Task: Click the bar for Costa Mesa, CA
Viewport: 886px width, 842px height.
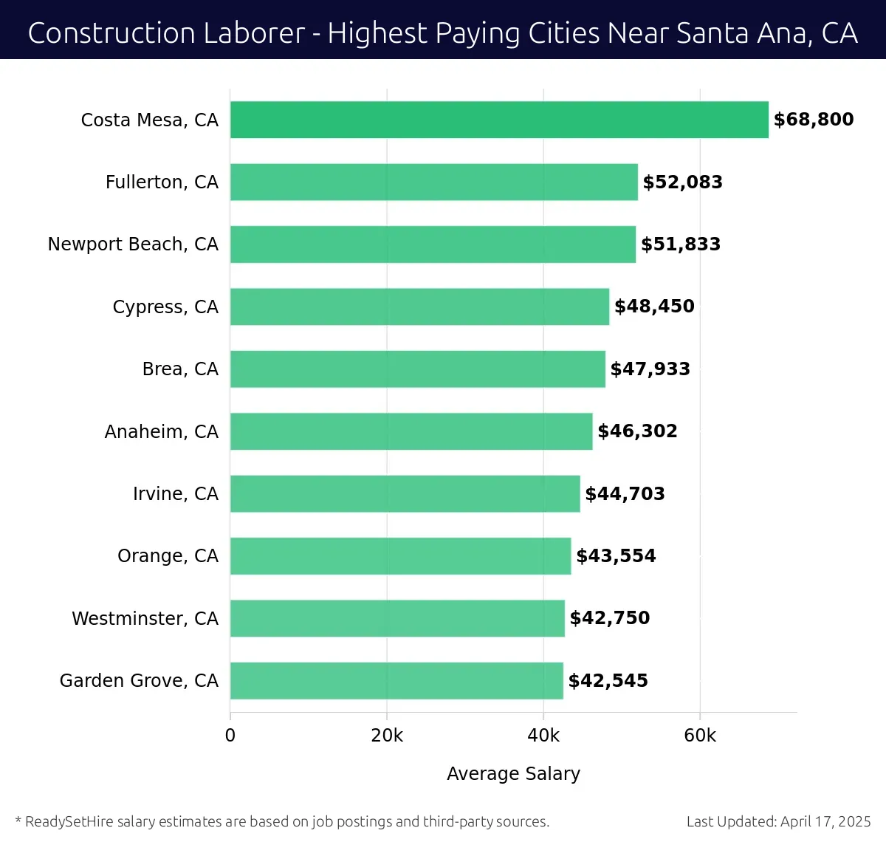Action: tap(499, 120)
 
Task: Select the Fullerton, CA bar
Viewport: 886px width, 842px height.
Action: tap(433, 182)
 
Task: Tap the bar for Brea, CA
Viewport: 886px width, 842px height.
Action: tap(417, 369)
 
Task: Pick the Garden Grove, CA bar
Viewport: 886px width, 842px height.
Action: tap(396, 681)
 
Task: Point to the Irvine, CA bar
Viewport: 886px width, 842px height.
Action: tap(405, 494)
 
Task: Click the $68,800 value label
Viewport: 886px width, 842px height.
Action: tap(814, 120)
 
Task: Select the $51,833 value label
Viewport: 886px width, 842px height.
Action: tap(681, 244)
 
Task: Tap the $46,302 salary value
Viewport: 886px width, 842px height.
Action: tap(637, 431)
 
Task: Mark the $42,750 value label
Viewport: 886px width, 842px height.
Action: tap(610, 618)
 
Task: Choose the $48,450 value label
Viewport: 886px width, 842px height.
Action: tap(654, 307)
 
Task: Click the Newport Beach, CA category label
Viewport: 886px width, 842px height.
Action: tap(133, 244)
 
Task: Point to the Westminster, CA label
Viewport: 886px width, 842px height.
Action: tap(145, 618)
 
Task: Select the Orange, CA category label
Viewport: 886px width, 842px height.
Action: tap(168, 556)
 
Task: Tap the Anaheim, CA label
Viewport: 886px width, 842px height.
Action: tap(161, 431)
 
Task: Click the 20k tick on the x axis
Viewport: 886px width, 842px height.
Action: tap(387, 736)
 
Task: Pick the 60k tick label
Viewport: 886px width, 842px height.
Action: tap(700, 736)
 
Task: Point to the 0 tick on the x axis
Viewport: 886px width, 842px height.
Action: tap(230, 736)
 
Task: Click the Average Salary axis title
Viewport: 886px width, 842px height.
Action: tap(513, 773)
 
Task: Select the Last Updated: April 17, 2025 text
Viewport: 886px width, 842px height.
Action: tap(778, 821)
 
